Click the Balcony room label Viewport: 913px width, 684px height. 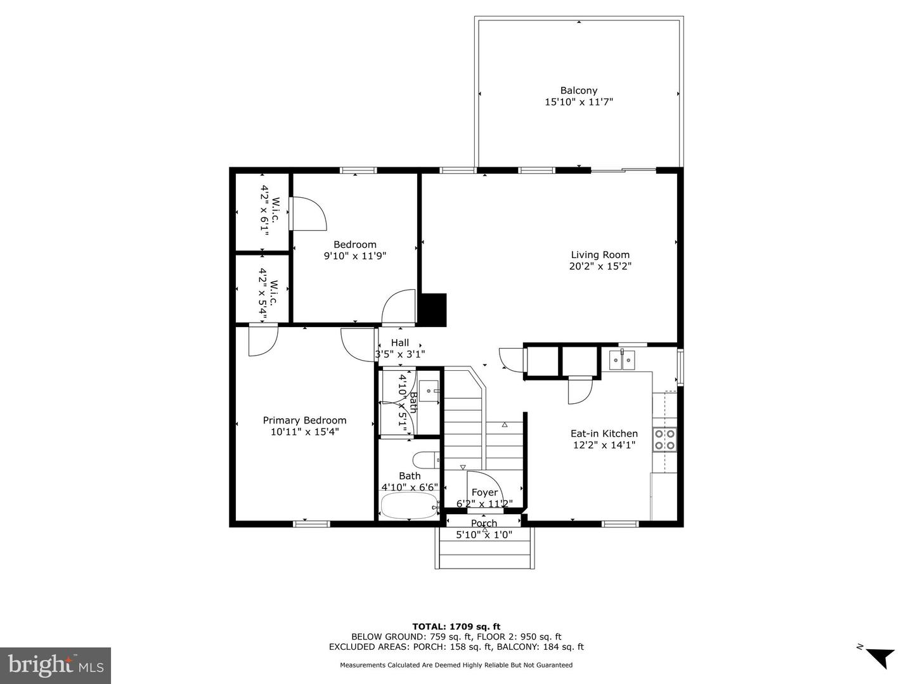pyautogui.click(x=578, y=91)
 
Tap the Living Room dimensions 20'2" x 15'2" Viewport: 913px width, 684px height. pyautogui.click(x=600, y=266)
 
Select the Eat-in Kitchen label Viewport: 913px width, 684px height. pyautogui.click(x=604, y=434)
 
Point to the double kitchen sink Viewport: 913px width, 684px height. pyautogui.click(x=622, y=360)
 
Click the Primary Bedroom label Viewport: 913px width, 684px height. pyautogui.click(x=304, y=420)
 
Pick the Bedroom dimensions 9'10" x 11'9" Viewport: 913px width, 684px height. pyautogui.click(x=355, y=256)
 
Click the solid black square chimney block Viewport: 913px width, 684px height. pyautogui.click(x=434, y=309)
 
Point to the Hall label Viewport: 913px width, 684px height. pyautogui.click(x=399, y=342)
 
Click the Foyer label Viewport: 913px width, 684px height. pyautogui.click(x=484, y=493)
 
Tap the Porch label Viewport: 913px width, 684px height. pyautogui.click(x=484, y=524)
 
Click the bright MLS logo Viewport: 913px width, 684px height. pyautogui.click(x=56, y=665)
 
